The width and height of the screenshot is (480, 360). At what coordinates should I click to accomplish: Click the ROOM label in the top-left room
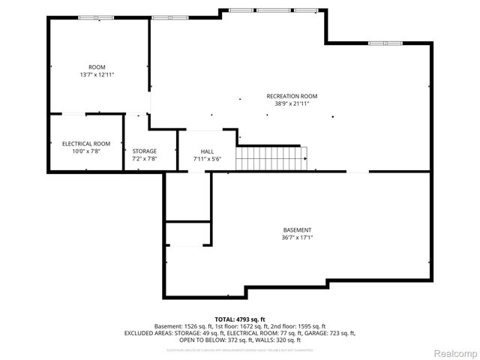click(97, 67)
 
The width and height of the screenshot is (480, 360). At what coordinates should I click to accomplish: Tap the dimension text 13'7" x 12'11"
click(97, 74)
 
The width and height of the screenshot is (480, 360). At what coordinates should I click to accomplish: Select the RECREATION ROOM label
click(292, 96)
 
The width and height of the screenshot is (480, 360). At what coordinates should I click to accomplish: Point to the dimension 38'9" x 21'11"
click(292, 103)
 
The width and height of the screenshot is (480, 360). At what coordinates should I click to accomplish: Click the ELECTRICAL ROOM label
click(86, 143)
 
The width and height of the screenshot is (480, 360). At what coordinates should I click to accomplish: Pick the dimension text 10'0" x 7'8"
click(86, 151)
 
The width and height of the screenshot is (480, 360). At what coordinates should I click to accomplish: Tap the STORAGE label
click(145, 151)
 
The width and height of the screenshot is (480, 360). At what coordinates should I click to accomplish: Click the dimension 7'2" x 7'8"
click(145, 158)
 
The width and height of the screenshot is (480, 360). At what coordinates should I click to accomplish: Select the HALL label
click(207, 151)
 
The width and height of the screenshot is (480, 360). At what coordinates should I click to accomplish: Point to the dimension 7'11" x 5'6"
click(207, 159)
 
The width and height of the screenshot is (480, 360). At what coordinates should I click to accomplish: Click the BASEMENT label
click(297, 230)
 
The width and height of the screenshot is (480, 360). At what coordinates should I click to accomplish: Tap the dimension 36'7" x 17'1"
click(297, 238)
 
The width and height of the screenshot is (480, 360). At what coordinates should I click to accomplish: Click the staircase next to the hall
click(272, 159)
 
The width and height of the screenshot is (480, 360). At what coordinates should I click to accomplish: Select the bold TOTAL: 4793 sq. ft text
click(239, 319)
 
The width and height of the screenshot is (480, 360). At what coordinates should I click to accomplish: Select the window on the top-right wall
click(385, 43)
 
